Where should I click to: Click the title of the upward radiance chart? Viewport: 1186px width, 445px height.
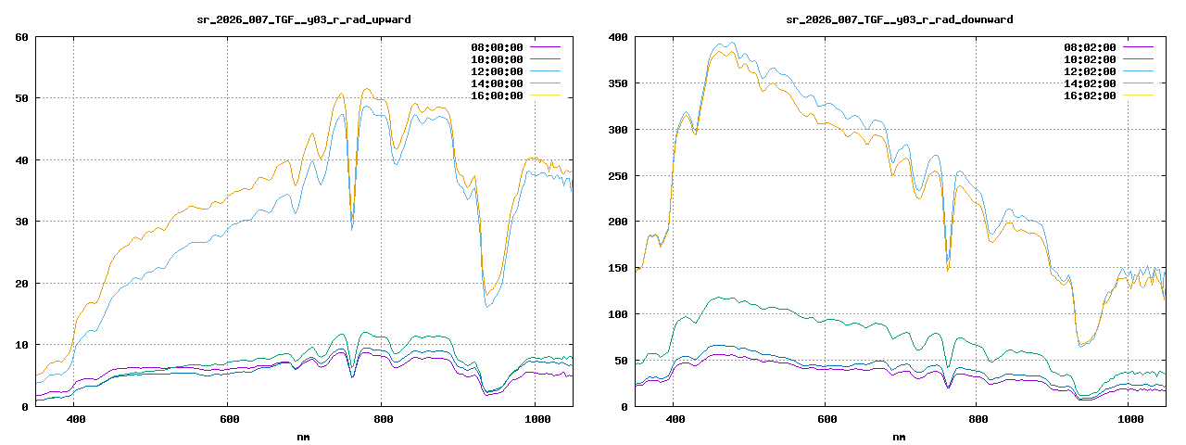tap(305, 19)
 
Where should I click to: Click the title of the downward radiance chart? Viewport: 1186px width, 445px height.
tap(899, 19)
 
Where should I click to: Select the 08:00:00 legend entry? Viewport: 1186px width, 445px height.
tap(497, 47)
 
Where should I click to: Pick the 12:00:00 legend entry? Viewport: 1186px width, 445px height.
tap(497, 71)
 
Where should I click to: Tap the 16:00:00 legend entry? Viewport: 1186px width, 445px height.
tap(497, 95)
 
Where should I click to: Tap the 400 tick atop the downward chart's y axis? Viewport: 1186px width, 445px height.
tap(617, 37)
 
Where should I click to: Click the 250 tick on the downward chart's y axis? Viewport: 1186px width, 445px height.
tap(617, 175)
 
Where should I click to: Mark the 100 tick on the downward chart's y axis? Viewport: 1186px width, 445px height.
tap(617, 314)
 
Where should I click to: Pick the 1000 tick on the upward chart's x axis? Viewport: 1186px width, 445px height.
tap(535, 419)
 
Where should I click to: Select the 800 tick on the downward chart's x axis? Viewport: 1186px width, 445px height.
tap(978, 419)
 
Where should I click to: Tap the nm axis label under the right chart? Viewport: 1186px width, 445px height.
tap(899, 437)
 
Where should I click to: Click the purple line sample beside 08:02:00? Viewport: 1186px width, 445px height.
tap(1138, 47)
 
